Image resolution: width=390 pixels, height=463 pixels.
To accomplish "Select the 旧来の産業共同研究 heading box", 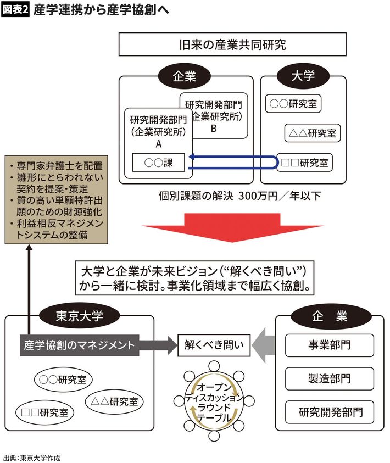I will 232,44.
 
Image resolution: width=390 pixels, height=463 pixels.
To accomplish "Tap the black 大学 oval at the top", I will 303,76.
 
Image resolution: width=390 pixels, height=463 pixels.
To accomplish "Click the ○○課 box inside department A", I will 158,164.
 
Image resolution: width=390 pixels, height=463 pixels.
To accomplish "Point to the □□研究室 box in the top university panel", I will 305,163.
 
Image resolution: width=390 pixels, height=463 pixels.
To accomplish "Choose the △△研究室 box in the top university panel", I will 313,132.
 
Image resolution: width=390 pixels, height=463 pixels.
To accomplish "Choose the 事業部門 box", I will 330,345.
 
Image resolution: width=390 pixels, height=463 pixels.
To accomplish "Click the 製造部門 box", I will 330,378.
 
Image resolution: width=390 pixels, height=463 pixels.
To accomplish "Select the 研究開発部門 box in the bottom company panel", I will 330,412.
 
